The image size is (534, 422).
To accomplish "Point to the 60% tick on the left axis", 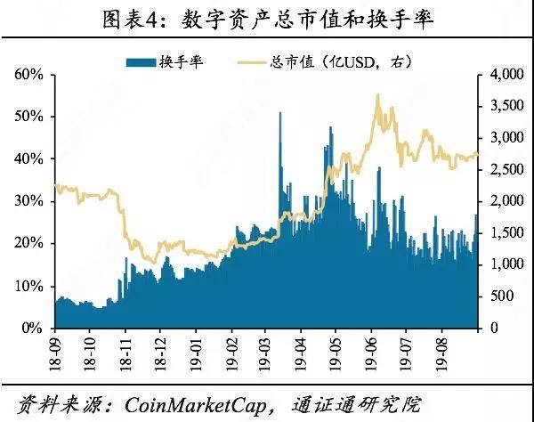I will pos(30,75).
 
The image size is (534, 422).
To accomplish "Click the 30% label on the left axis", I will pos(30,202).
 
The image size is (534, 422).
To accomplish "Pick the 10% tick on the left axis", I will pos(30,286).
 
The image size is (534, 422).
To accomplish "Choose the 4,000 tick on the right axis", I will pos(503,75).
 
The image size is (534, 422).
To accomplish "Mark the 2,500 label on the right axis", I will pos(503,170).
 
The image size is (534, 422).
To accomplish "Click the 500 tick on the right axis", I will pos(498,296).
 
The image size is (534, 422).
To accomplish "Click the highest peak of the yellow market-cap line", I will pos(378,94).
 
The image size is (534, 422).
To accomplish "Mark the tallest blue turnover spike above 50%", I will pos(281,114).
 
